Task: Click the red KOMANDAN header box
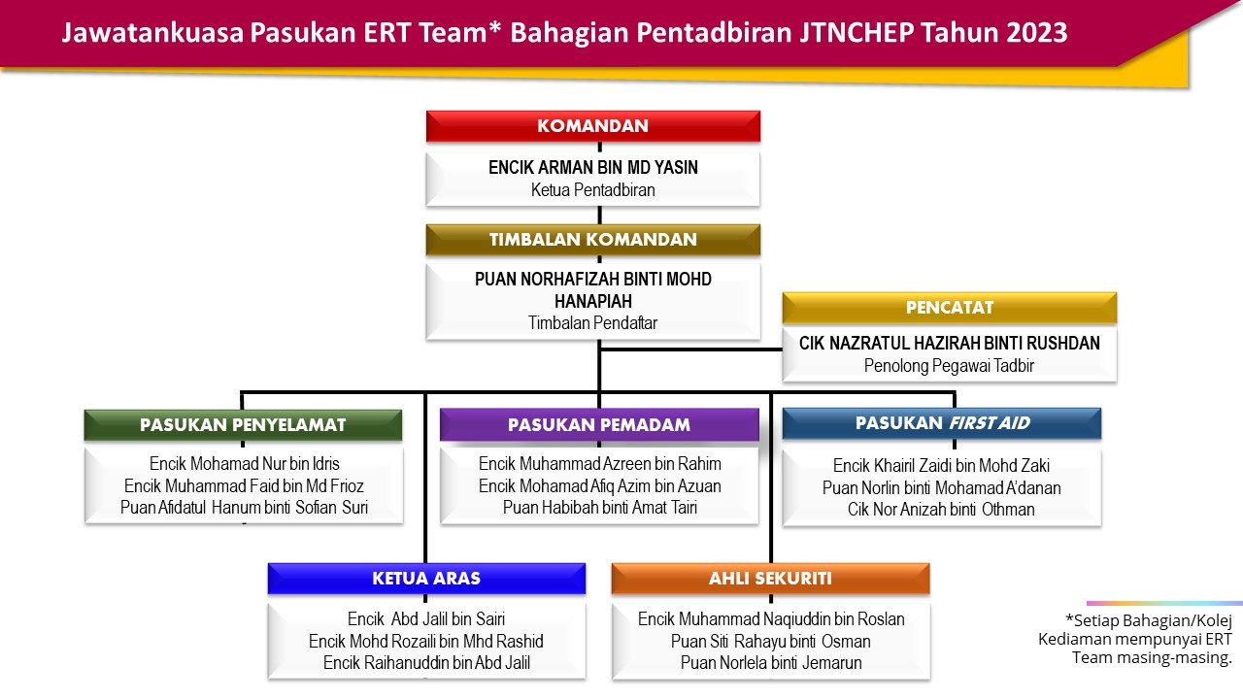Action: pos(593,126)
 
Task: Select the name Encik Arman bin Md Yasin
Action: pos(593,167)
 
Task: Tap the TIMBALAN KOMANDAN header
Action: pos(593,240)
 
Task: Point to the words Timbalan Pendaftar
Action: pos(592,323)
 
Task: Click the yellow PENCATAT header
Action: pos(950,308)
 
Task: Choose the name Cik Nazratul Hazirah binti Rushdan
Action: pos(950,344)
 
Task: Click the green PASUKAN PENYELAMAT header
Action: pos(243,425)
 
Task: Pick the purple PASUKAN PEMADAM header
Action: pos(599,425)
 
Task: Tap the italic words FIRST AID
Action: pos(990,423)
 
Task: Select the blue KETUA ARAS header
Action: pos(426,579)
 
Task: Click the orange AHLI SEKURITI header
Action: pos(771,579)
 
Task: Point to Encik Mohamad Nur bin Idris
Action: pos(244,464)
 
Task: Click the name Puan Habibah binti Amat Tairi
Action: pos(600,508)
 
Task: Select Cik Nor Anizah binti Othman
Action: pos(941,510)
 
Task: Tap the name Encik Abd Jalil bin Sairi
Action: pos(426,619)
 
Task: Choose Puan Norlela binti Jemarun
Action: pos(771,663)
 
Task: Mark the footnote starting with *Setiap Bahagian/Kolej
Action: pos(1135,639)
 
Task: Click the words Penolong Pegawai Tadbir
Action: pos(949,366)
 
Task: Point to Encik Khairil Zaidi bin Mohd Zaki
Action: pos(941,465)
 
